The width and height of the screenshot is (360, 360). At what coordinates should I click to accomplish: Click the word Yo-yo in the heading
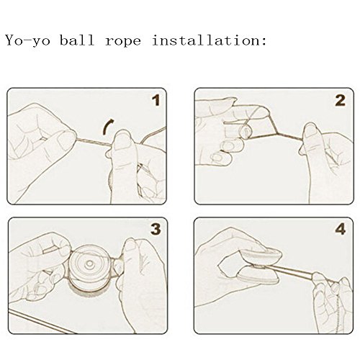tap(28, 40)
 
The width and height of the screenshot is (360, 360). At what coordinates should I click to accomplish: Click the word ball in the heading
tap(77, 40)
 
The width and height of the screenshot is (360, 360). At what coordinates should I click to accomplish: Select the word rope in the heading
tap(123, 41)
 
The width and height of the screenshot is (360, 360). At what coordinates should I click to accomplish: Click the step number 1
tap(156, 100)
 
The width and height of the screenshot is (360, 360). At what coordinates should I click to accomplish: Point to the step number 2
tap(340, 100)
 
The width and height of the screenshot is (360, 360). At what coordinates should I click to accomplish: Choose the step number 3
tap(156, 229)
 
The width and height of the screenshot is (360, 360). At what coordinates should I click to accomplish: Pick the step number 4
tap(341, 229)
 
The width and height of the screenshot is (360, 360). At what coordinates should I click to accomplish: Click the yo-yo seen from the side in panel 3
tap(89, 269)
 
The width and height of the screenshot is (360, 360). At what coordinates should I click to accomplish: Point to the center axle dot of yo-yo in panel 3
tap(89, 264)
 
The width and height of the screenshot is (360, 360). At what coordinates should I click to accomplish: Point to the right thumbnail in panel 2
tap(310, 131)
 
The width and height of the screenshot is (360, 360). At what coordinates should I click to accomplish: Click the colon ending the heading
tap(264, 42)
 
